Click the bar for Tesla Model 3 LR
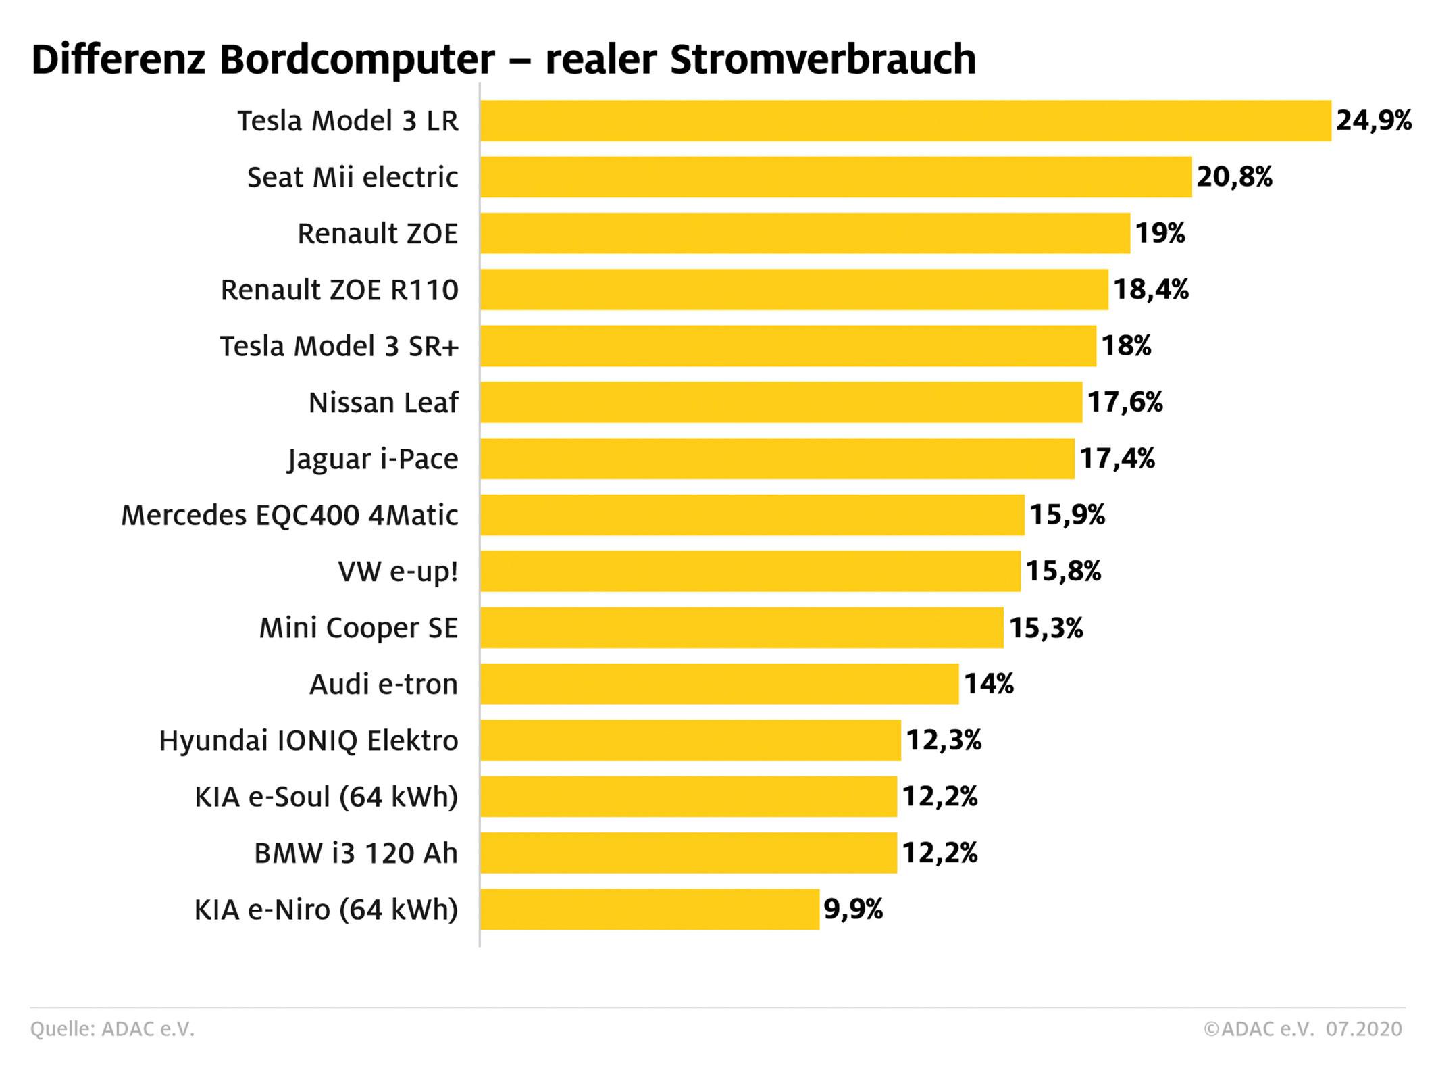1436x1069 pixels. (905, 121)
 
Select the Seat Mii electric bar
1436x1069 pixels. (836, 177)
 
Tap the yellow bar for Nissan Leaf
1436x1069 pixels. (781, 402)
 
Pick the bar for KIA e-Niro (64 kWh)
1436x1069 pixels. (650, 909)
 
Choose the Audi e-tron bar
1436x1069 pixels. (719, 684)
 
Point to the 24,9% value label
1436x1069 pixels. (1374, 121)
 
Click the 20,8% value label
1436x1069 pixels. (1235, 177)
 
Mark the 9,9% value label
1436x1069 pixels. (853, 909)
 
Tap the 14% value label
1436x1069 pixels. (988, 684)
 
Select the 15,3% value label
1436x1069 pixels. (1046, 628)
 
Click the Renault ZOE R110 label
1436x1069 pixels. (339, 290)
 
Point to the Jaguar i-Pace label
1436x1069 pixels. (373, 459)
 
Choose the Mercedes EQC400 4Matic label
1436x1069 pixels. (289, 516)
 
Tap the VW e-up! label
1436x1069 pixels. (398, 572)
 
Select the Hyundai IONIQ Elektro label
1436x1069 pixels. (308, 741)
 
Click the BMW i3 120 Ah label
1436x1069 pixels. (356, 853)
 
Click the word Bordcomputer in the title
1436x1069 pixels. (357, 59)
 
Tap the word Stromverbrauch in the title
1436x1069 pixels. (823, 59)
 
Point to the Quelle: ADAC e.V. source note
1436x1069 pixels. (112, 1029)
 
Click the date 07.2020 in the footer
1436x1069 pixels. (1364, 1029)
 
